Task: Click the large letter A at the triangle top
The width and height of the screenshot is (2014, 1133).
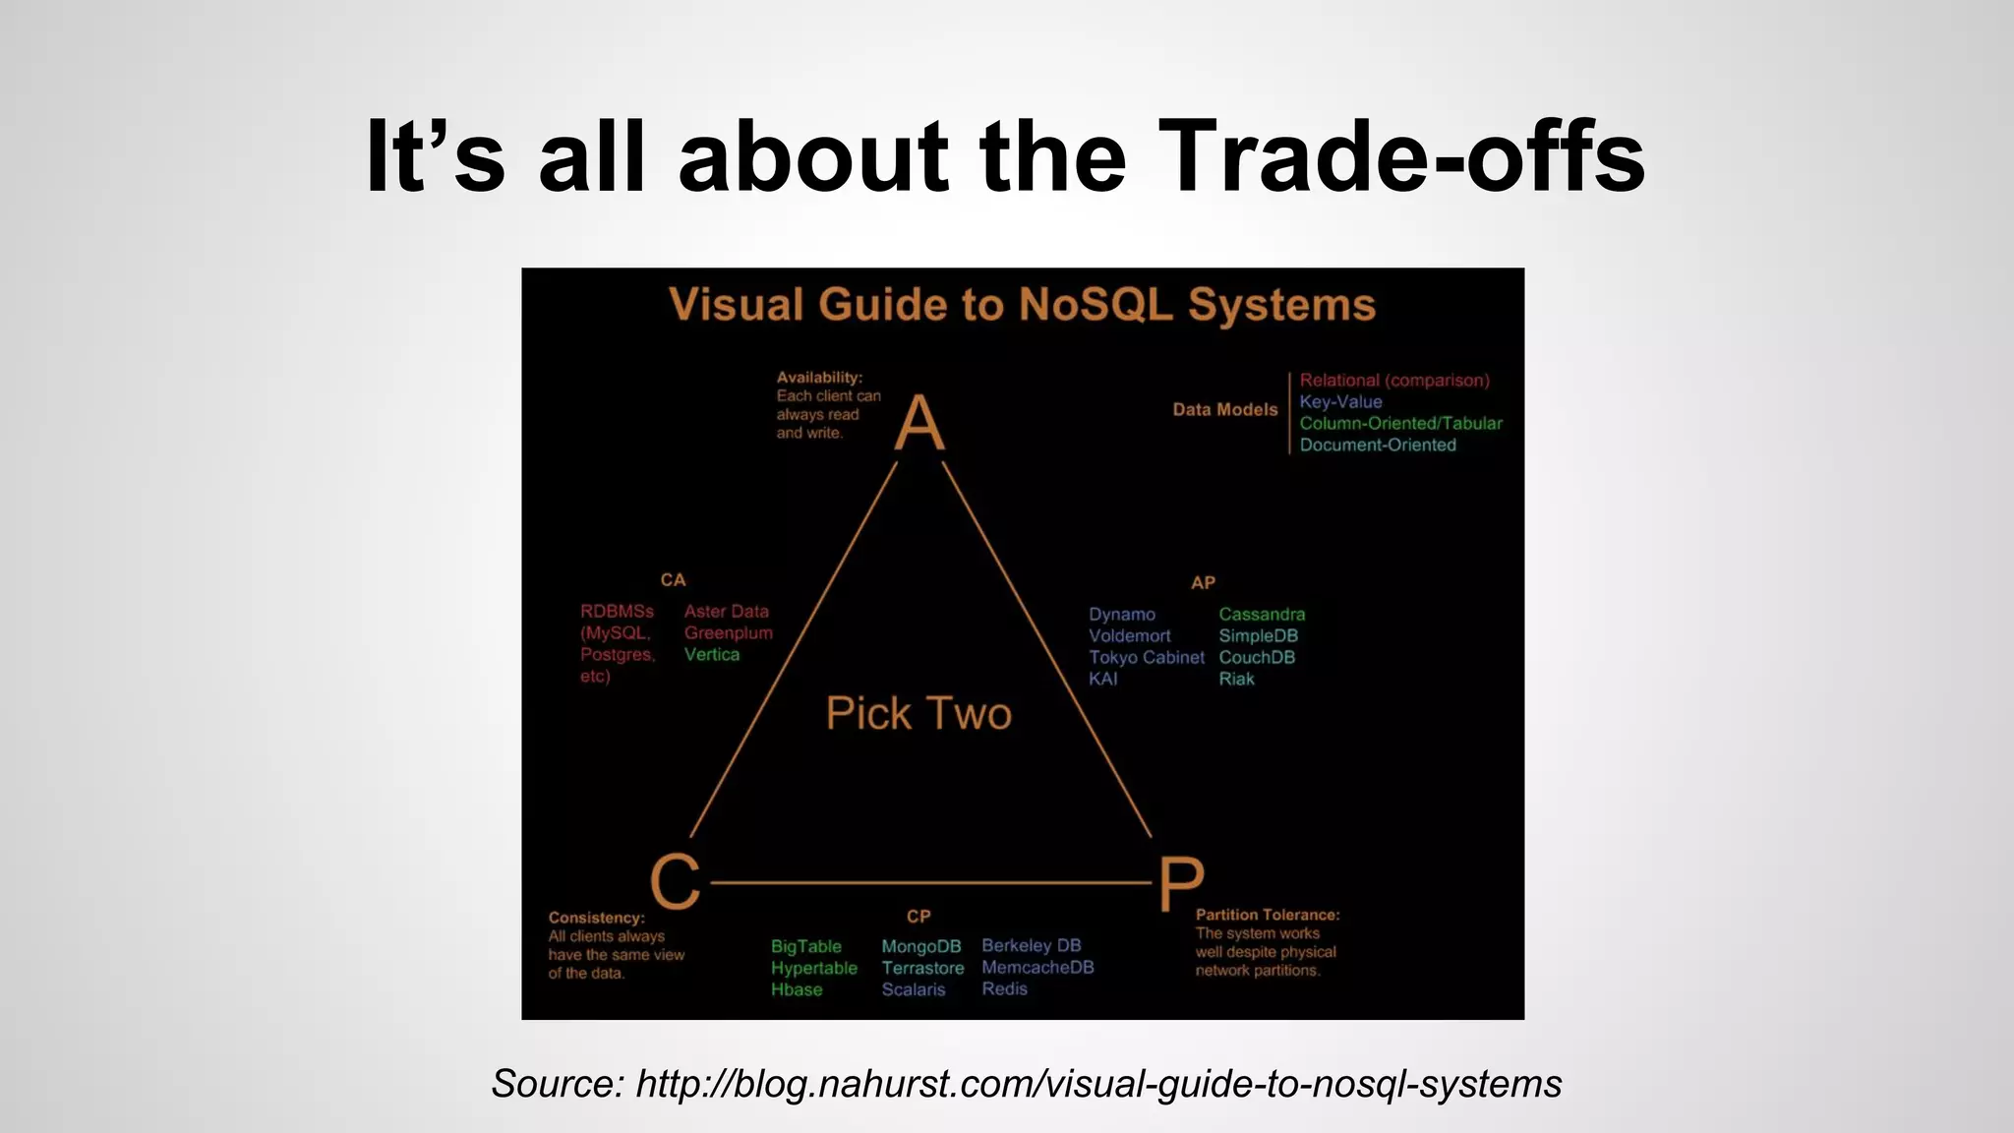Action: (919, 423)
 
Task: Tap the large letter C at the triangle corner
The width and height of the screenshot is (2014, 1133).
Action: (676, 881)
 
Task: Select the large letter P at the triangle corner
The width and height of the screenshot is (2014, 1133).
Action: (1180, 883)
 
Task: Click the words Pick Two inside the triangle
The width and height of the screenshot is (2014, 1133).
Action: (918, 713)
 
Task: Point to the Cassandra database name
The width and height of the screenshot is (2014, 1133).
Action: (1262, 614)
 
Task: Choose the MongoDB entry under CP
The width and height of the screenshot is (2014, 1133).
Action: (920, 946)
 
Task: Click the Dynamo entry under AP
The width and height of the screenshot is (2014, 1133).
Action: (1121, 614)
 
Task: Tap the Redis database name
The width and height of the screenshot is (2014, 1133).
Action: (1004, 988)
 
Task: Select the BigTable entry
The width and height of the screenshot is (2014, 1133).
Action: (805, 946)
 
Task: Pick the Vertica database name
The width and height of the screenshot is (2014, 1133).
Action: (711, 654)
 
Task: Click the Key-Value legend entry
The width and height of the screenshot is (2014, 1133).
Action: (1340, 401)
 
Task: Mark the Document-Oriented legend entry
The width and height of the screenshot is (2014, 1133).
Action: (1377, 445)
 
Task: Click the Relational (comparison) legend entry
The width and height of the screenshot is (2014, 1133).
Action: (1393, 380)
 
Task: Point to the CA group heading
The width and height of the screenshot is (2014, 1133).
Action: (673, 579)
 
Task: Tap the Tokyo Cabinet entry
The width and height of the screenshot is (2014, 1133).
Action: (1146, 657)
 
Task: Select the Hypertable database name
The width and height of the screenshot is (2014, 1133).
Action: (813, 968)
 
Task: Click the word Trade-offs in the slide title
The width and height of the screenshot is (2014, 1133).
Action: (1400, 157)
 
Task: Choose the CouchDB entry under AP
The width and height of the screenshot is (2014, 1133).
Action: (1257, 657)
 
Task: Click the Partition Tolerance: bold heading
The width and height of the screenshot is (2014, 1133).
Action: (1267, 915)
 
